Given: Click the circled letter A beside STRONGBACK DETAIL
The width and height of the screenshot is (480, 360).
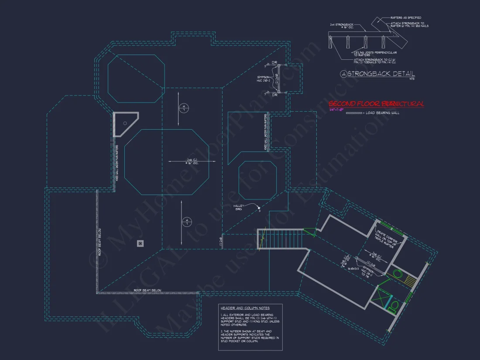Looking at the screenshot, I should tap(344, 74).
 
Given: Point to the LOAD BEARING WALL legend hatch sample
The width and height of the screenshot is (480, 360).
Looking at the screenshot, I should tap(353, 113).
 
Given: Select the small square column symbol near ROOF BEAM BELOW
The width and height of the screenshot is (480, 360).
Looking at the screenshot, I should tap(140, 243).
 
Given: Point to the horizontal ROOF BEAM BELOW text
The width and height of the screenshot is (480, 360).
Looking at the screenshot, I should tap(147, 290).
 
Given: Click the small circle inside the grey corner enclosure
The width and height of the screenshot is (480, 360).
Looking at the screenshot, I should tap(125, 123).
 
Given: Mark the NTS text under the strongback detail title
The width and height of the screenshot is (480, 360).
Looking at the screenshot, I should tap(412, 79).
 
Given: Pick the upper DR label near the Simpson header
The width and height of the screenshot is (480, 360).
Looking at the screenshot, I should tap(274, 63).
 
